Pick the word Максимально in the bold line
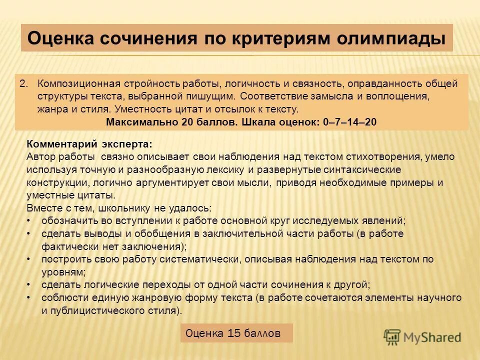click(x=135, y=122)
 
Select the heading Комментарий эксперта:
click(x=89, y=144)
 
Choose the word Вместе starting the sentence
click(x=43, y=208)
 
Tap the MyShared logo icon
click(x=393, y=336)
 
